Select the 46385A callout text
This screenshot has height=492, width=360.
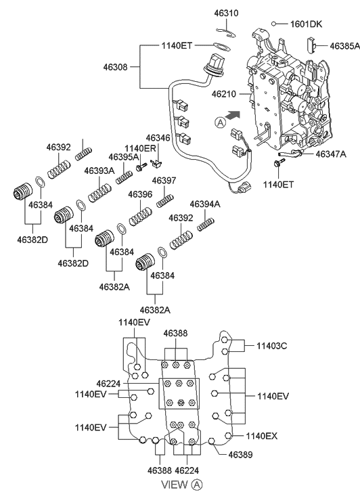pos(344,46)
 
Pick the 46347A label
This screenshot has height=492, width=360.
pos(331,154)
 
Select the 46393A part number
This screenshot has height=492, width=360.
pos(99,171)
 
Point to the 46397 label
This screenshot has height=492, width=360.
pos(164,181)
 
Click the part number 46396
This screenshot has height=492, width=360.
pos(140,194)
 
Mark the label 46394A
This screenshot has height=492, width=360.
pos(204,204)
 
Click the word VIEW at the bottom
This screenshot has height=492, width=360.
pos(175,484)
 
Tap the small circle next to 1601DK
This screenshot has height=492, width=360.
pos(273,24)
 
